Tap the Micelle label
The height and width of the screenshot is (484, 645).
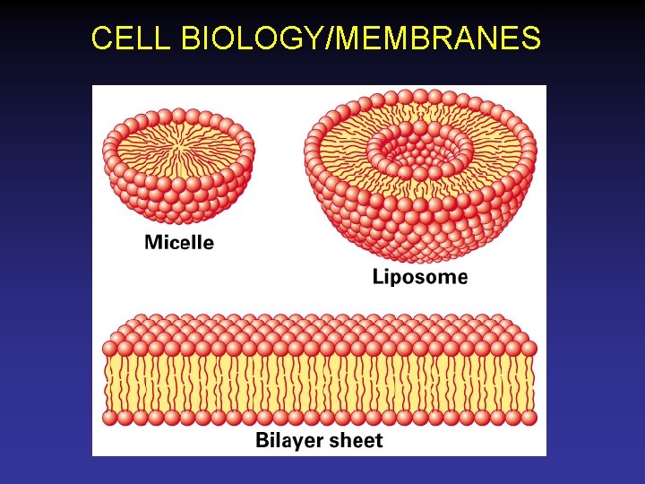(x=179, y=242)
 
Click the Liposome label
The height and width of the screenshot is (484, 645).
(x=419, y=277)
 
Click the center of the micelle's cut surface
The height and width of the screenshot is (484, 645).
(x=179, y=144)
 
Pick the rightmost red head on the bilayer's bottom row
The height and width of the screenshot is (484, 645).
(x=529, y=418)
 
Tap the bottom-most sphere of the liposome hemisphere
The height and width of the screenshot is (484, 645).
(x=422, y=254)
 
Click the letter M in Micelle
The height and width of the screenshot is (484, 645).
(x=153, y=242)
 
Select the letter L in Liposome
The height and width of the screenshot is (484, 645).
(x=378, y=277)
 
